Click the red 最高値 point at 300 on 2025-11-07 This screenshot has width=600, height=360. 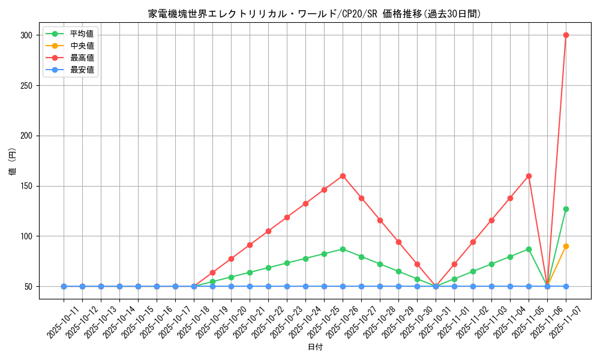coord(566,35)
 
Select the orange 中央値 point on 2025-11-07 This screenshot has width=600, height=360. coord(566,246)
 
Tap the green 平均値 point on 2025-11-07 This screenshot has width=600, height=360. coord(566,209)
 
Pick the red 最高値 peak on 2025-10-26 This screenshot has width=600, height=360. coord(343,176)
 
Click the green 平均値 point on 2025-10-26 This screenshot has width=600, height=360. coord(343,249)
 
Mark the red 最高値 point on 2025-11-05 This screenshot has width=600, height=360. coord(529,176)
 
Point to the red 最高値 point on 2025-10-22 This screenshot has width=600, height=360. coord(268,231)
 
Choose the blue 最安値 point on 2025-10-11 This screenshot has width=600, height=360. coord(64,286)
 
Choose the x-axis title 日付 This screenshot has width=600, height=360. coord(315,347)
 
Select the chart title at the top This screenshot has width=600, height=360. coord(314,14)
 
